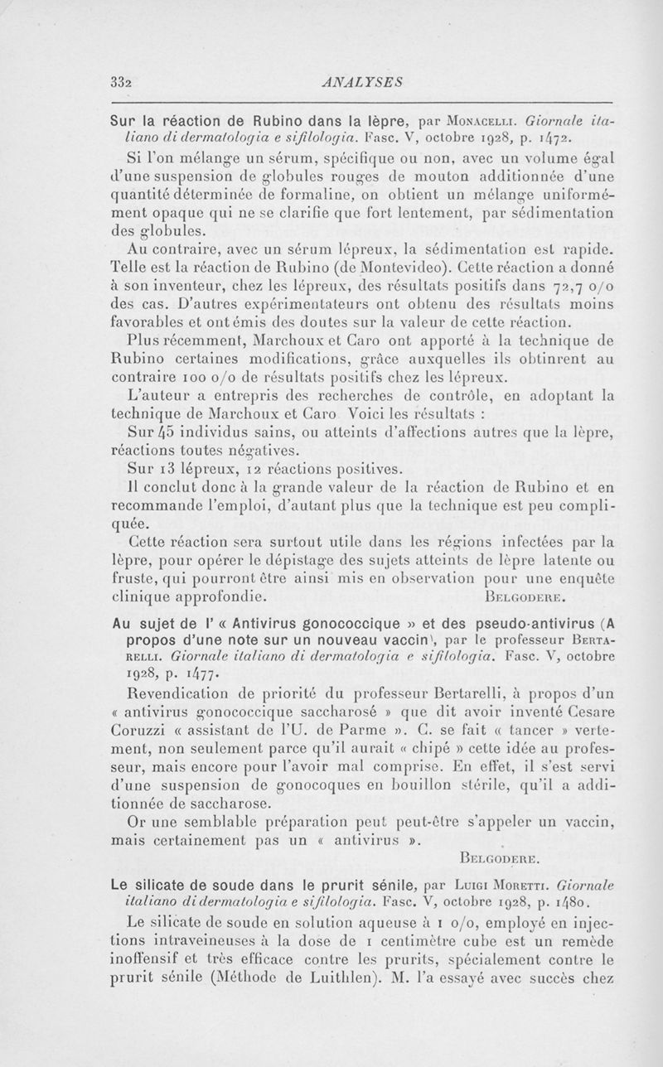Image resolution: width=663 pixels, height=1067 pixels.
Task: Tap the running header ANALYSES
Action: point(365,81)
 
